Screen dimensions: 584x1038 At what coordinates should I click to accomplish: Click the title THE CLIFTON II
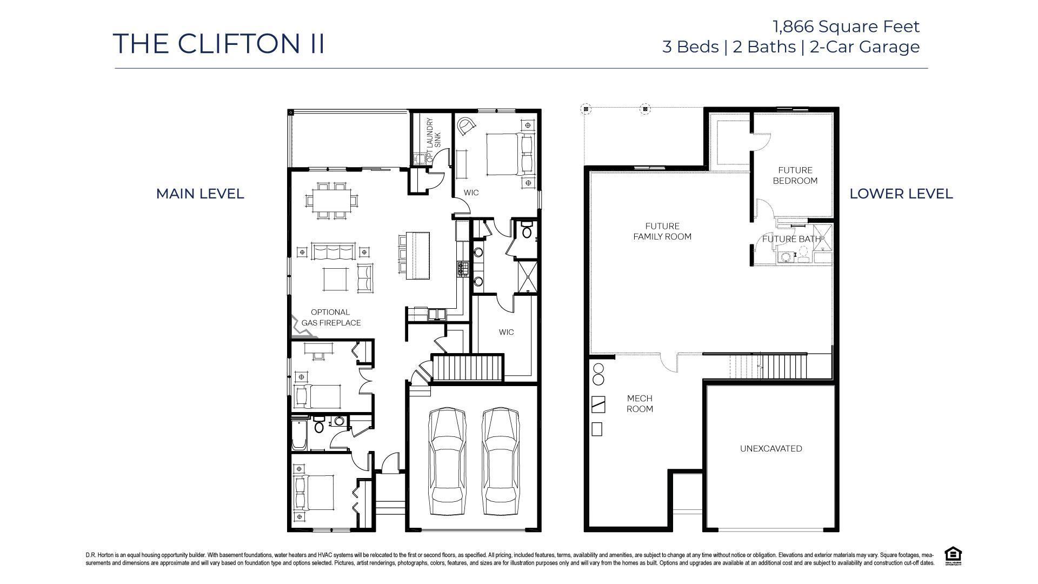point(219,44)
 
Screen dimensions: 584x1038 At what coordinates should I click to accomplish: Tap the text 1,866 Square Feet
point(846,26)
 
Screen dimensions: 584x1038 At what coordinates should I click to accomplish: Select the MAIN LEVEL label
point(200,194)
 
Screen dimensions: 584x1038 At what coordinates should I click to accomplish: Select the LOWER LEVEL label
point(901,194)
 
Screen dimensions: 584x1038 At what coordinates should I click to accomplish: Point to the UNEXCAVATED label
point(771,448)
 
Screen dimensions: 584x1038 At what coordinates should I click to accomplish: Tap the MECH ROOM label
point(640,404)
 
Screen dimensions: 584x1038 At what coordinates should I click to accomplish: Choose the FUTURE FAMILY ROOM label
point(662,231)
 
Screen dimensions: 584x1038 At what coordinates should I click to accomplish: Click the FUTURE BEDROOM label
point(795,176)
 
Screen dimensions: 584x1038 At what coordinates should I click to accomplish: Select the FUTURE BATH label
point(791,239)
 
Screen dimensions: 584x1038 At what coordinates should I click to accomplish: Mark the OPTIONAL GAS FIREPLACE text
point(330,317)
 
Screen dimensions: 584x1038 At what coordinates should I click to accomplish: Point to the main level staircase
point(468,368)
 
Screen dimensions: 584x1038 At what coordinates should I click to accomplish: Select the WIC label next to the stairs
point(506,332)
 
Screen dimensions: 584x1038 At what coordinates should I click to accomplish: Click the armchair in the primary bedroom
point(466,127)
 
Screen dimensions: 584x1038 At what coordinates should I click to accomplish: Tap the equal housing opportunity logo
point(953,555)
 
